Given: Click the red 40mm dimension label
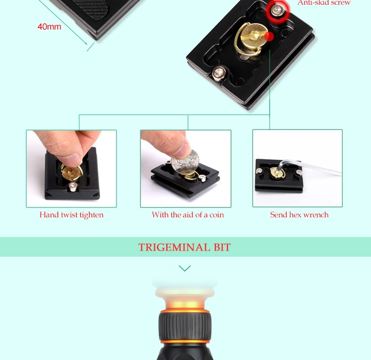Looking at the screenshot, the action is click(x=49, y=26).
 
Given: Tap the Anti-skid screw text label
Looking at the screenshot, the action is click(x=324, y=3).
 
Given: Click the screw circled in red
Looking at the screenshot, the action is click(x=278, y=10).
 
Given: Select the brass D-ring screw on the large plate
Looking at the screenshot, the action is click(x=251, y=39).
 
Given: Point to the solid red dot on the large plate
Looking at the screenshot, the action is click(x=269, y=37).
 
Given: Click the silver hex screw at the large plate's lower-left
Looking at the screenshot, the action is click(x=218, y=73).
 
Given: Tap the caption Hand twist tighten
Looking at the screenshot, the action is click(x=71, y=215).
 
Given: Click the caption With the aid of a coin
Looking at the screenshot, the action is click(x=188, y=215).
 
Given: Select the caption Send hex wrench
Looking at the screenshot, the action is click(x=299, y=215).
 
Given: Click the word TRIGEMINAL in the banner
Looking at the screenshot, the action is click(x=174, y=247).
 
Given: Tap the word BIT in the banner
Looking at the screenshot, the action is click(x=222, y=247).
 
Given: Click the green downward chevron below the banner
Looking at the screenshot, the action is click(x=185, y=268).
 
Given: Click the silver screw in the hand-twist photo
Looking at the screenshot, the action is click(x=73, y=187).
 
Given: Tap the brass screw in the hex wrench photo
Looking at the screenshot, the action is click(x=277, y=173).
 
